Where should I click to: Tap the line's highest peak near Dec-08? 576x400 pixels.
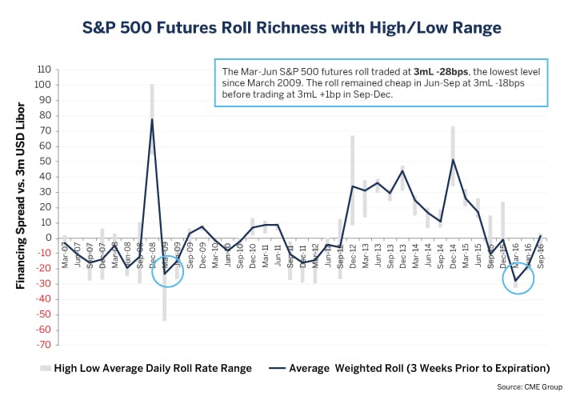pyautogui.click(x=151, y=119)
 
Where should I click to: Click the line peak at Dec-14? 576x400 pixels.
pyautogui.click(x=453, y=159)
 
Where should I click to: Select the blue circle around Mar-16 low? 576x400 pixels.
pyautogui.click(x=518, y=278)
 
